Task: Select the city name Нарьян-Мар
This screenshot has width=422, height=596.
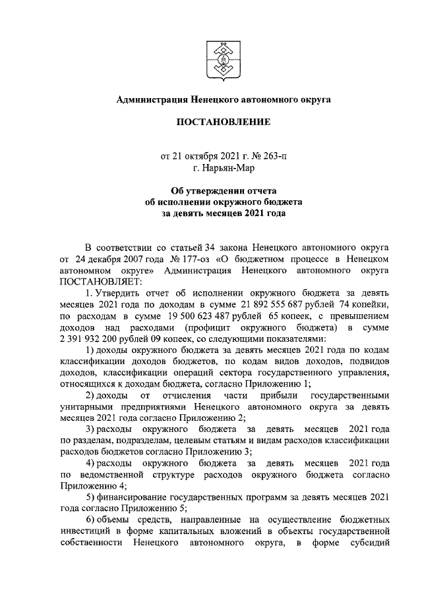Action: click(x=224, y=169)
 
